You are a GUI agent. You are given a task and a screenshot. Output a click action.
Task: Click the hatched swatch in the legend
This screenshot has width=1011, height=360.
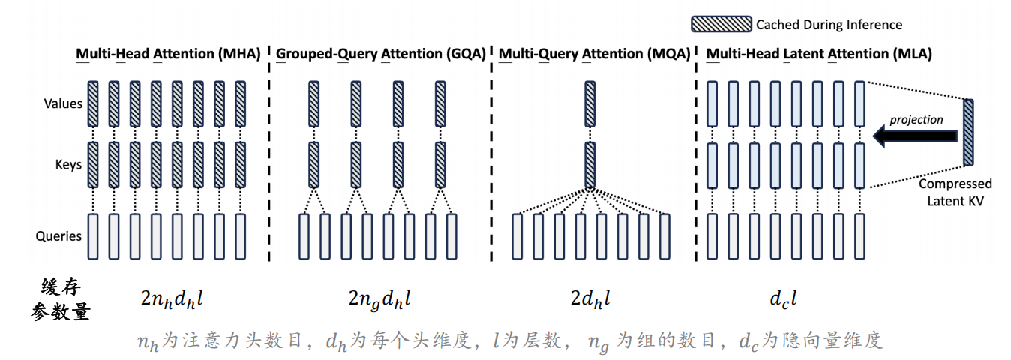(721, 24)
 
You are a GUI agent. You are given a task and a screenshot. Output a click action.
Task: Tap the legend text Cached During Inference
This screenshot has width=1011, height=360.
(829, 25)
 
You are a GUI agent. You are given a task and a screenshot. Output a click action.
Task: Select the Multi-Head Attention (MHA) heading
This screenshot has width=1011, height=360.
(168, 54)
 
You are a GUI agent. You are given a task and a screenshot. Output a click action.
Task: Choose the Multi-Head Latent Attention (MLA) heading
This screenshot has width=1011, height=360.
(819, 54)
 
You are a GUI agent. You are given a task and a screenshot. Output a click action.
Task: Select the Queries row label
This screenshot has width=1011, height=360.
(58, 235)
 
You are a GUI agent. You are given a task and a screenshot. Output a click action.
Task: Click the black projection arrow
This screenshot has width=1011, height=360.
(915, 135)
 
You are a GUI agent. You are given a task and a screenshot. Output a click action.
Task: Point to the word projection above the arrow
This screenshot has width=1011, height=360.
(916, 119)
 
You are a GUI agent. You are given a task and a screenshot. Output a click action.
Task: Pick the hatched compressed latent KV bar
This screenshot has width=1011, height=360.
(969, 131)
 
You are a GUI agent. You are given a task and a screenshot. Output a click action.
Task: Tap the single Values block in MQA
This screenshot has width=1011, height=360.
(589, 103)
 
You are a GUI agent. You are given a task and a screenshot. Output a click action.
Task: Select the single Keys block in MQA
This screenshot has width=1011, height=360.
(589, 164)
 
